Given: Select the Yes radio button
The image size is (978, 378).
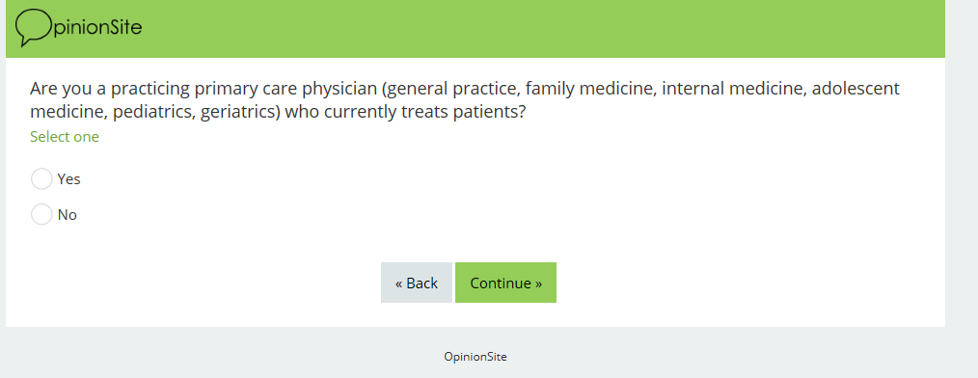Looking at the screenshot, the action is (41, 179).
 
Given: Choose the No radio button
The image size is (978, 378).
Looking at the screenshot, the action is (41, 215).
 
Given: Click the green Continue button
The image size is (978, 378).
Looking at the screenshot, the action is (505, 283).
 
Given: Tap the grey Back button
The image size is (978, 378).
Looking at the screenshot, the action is (417, 283).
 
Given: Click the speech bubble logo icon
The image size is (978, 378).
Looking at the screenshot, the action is (34, 27).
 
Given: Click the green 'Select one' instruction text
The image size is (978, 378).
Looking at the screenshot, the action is (65, 137).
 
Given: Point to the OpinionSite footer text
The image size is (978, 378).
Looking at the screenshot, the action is (475, 357).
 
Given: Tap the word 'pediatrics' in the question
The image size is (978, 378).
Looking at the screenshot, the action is (154, 113).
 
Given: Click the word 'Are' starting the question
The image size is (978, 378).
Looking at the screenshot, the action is (43, 89).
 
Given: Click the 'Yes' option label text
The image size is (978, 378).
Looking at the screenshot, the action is (69, 179).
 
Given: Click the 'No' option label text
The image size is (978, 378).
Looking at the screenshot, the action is (68, 215).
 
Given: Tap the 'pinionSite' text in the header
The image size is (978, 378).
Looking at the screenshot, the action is (98, 28).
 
